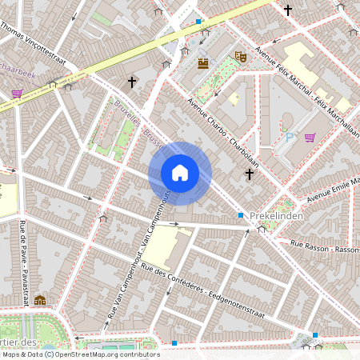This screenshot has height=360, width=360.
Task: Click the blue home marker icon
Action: (x=179, y=173)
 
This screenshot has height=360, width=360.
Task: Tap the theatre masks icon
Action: (x=239, y=57)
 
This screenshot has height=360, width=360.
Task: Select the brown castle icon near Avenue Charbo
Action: (x=203, y=62)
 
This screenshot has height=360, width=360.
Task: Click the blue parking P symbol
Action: (x=290, y=137)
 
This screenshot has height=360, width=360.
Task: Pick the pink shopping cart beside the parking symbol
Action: (x=309, y=137)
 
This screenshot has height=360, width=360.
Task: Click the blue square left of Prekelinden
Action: (x=240, y=215)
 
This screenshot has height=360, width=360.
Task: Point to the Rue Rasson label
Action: (x=324, y=246)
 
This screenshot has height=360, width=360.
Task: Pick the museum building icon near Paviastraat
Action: (x=40, y=300)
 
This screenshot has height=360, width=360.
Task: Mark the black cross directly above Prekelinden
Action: (x=250, y=174)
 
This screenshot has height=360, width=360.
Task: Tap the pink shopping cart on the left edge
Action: (x=17, y=94)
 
